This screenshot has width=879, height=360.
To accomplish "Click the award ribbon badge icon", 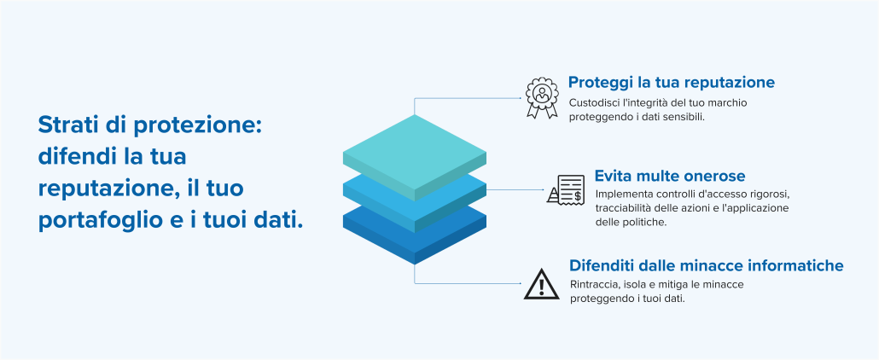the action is point(542,97).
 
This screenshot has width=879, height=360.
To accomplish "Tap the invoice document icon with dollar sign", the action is point(566,189).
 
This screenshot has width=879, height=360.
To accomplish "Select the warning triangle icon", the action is point(542,284).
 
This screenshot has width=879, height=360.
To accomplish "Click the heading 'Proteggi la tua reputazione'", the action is point(672,83).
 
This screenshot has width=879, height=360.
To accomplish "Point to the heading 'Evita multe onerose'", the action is point(670,176).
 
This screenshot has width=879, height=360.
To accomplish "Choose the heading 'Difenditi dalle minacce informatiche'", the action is point(707,264).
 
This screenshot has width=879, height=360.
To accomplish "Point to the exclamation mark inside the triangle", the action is point(542,287).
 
